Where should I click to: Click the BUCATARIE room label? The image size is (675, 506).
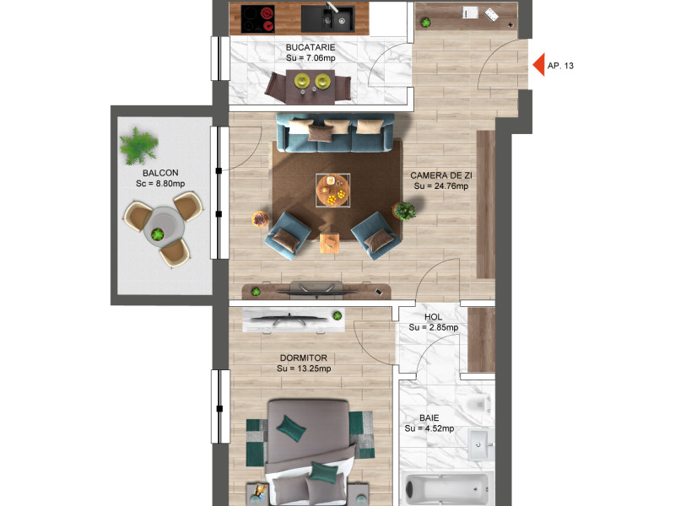310,47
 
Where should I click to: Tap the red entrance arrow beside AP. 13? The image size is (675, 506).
539,65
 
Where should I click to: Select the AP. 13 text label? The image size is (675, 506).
560,66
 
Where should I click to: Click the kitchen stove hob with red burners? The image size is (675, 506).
258,19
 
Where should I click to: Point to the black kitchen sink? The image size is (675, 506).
328,19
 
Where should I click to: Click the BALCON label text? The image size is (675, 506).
160,173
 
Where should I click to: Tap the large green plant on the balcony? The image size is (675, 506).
138,145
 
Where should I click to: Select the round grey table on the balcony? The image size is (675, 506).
164,226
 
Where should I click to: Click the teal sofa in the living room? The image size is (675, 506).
335,132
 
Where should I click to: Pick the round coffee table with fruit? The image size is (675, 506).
332,191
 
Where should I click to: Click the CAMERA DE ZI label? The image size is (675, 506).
441,175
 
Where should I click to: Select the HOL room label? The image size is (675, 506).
433,317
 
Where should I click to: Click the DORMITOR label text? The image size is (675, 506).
304,358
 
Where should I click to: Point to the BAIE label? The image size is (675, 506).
429,417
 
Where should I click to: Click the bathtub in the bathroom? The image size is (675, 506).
448,489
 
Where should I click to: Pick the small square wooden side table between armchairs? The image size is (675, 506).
329,243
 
